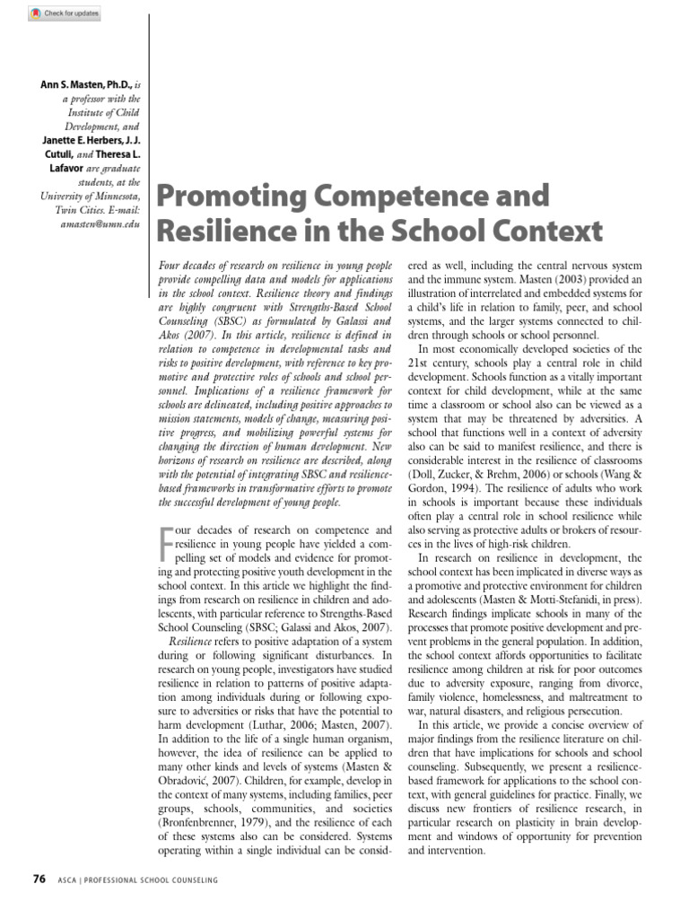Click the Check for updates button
click(x=65, y=14)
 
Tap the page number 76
click(x=38, y=879)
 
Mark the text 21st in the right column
click(x=420, y=363)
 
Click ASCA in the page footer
click(x=68, y=880)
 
